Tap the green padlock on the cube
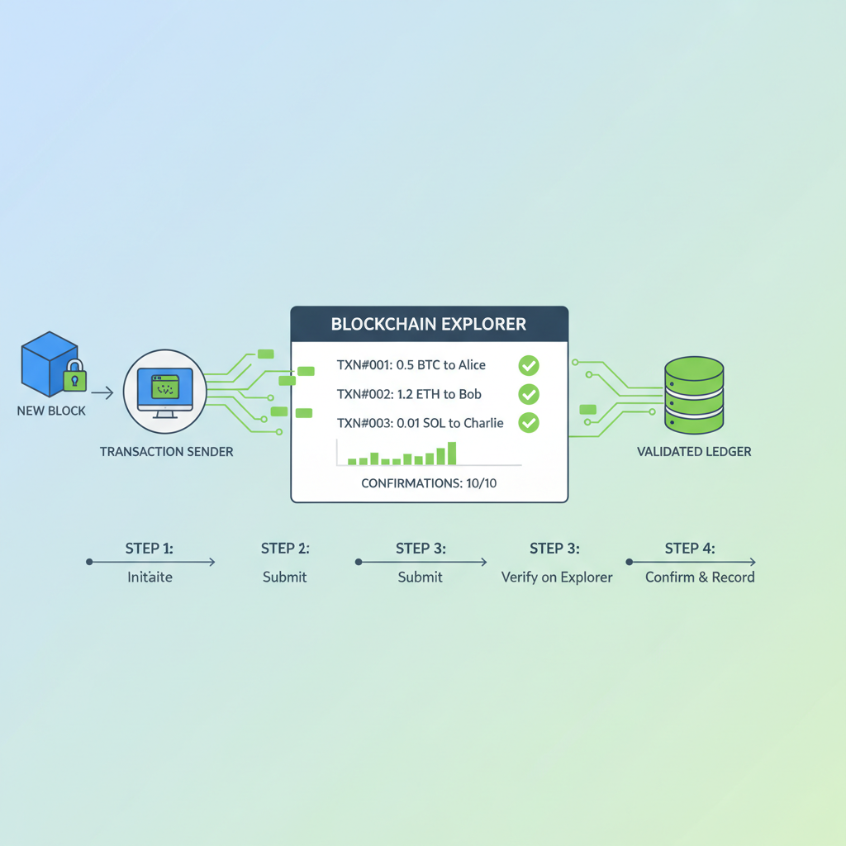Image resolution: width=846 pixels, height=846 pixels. coord(75,378)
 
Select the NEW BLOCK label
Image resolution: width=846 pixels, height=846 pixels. coord(51,411)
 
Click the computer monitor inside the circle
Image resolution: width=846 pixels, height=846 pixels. coord(165,390)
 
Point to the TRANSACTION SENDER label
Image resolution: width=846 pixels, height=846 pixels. coord(166,452)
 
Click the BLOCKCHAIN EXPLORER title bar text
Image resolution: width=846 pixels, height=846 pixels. coord(428,324)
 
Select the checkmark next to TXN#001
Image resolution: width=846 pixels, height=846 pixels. coord(528,365)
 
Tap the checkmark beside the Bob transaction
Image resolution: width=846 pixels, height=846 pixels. coord(528,394)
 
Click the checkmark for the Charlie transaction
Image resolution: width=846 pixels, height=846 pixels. coord(528,423)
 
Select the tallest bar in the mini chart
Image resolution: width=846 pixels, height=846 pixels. coord(451,454)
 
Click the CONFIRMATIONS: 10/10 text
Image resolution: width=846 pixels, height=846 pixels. coord(429,483)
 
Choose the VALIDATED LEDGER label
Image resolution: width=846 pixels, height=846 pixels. coord(694,452)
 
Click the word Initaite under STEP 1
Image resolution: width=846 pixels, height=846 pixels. coord(150,577)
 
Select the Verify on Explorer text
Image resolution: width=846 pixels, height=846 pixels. coord(557,577)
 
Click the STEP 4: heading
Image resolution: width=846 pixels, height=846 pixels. coord(690,549)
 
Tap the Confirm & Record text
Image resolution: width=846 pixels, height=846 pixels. coord(700,577)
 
